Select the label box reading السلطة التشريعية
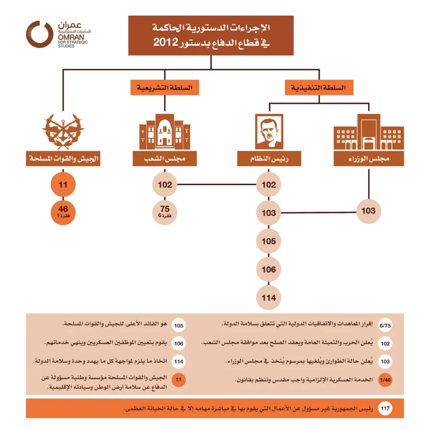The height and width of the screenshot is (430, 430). point(165,88)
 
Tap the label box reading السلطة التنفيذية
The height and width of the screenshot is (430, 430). point(319,88)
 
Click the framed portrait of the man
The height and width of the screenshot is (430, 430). point(269,132)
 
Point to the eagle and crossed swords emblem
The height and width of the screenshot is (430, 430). point(63,131)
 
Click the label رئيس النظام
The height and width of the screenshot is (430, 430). point(269,159)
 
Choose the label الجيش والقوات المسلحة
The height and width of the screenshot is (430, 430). point(63,159)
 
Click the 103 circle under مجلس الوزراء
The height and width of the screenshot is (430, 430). point(368,211)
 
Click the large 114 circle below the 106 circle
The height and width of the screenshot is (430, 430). point(269,298)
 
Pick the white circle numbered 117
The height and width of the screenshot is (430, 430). point(385,408)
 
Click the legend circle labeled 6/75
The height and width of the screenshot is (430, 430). point(385,326)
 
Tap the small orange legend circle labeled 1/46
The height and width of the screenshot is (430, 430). point(385,380)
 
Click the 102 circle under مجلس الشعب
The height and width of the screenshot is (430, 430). point(165,184)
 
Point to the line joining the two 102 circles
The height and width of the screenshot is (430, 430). point(216,184)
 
